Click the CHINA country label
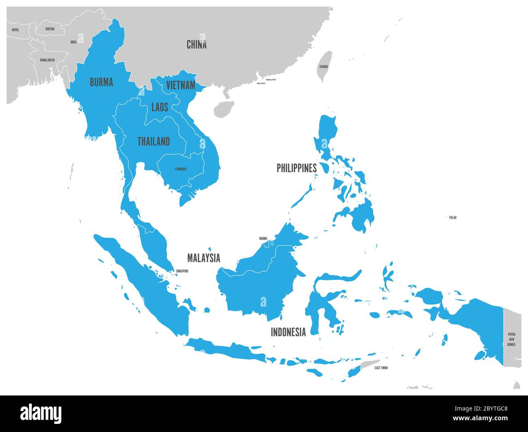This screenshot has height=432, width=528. (x=197, y=45)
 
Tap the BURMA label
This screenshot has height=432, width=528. (x=101, y=82)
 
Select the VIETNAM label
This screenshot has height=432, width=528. (x=180, y=86)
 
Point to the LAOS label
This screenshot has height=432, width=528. (x=160, y=107)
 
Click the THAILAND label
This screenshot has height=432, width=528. (x=154, y=142)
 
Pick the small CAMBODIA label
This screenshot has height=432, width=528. (x=181, y=169)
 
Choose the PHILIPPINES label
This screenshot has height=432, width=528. (x=296, y=168)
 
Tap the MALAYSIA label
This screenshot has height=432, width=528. (x=203, y=258)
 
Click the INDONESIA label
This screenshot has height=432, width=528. (x=288, y=332)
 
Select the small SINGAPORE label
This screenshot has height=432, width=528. (x=182, y=271)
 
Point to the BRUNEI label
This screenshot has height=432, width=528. (x=263, y=239)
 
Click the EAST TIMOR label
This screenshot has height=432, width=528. (x=381, y=368)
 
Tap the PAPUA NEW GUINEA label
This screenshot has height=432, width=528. (x=511, y=339)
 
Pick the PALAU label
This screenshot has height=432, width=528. (x=452, y=218)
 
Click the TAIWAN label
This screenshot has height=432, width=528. (x=323, y=66)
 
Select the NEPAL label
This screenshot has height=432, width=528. (x=15, y=30)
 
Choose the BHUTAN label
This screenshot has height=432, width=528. (x=50, y=29)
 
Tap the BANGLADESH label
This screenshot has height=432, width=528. (x=47, y=60)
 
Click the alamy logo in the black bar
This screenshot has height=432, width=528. (x=41, y=413)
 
